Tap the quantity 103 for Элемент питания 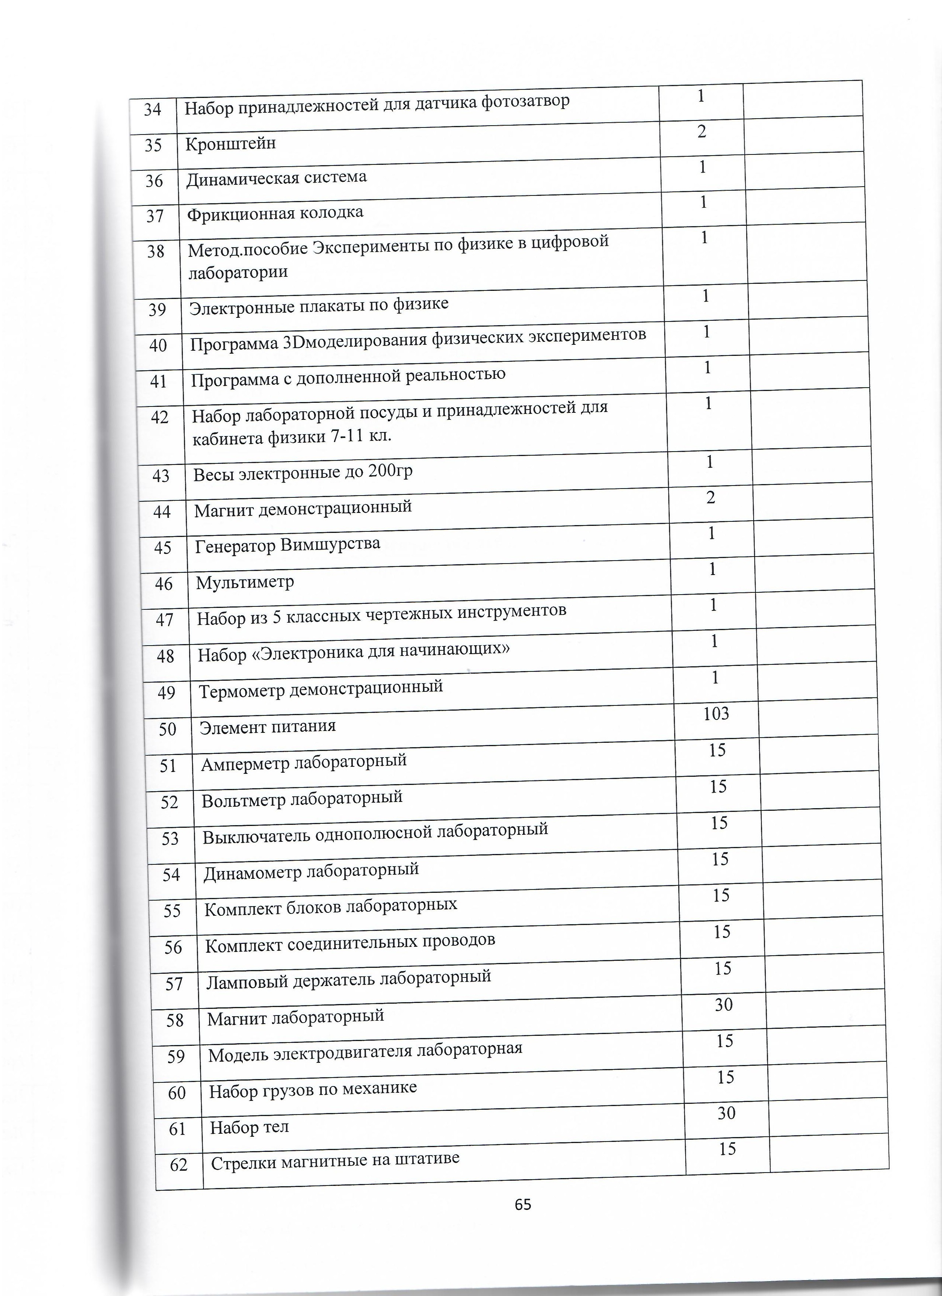click(x=716, y=714)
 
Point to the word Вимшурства click(x=330, y=544)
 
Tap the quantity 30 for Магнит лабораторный click(x=723, y=1004)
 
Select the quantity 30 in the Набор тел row click(x=726, y=1113)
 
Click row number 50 click(x=167, y=729)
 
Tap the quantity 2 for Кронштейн click(x=702, y=132)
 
